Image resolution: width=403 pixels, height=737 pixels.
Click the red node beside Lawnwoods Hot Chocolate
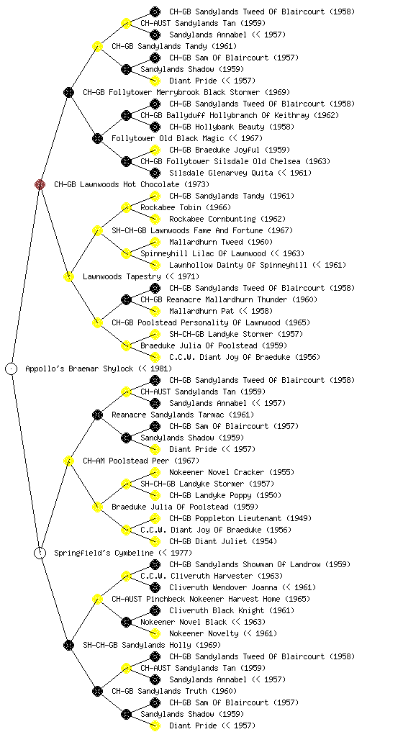[40, 184]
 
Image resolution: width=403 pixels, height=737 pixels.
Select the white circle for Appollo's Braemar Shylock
[12, 368]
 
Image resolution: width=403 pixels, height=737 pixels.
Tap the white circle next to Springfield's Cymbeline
[40, 553]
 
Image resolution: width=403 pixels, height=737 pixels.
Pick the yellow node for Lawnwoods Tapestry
[68, 276]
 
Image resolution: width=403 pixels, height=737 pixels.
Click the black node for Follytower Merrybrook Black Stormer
[68, 92]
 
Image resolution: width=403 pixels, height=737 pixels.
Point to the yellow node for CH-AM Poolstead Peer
[68, 461]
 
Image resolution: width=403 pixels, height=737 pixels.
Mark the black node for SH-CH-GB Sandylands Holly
[68, 645]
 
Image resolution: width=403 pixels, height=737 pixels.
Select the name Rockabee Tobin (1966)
[186, 207]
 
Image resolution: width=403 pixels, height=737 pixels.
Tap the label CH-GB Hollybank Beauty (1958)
[232, 127]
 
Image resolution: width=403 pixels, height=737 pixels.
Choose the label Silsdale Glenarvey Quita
[221, 173]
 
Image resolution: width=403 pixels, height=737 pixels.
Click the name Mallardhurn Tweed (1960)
[221, 242]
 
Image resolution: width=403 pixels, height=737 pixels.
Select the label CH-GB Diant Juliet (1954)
[223, 541]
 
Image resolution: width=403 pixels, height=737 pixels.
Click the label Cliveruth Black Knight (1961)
[232, 610]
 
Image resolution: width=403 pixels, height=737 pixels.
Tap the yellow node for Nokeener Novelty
[155, 633]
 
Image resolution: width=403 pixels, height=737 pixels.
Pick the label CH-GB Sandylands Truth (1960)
[174, 691]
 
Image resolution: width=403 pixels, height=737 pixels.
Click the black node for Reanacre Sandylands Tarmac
[97, 415]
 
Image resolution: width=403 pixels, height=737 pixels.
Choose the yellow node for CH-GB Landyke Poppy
[155, 495]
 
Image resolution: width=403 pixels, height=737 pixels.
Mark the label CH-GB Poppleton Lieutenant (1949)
[240, 518]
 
